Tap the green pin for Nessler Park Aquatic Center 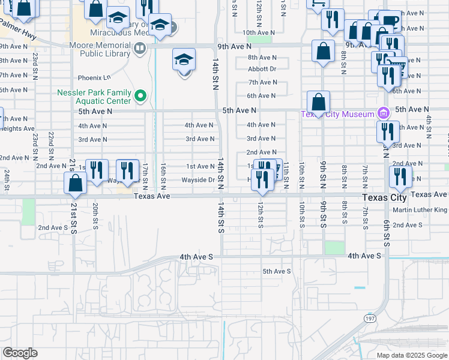(140, 95)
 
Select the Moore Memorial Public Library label (95, 50)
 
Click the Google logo (20, 353)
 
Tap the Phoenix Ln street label (95, 77)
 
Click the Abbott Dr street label (262, 69)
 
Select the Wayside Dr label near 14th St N (199, 180)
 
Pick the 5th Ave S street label (276, 271)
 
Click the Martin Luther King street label (420, 210)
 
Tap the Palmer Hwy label (16, 25)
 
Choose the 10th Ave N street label (259, 32)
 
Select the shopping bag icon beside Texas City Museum (318, 103)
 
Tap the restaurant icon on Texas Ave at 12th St (262, 180)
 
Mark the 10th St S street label (301, 215)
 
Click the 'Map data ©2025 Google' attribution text (412, 355)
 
